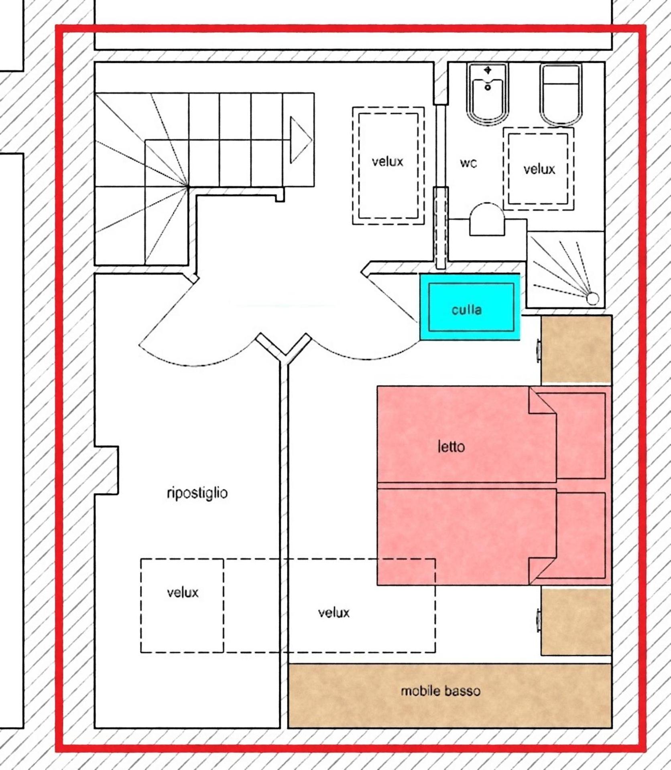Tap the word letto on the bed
point(451,446)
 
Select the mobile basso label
point(440,691)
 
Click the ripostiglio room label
point(197,493)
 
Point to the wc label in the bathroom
point(468,163)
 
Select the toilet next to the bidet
point(561,94)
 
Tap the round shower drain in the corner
point(592,298)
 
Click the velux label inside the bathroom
point(539,169)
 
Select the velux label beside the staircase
point(387,162)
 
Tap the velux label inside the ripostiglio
point(183,592)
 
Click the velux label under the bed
point(333,612)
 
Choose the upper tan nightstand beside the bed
point(576,349)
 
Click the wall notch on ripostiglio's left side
point(107,470)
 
